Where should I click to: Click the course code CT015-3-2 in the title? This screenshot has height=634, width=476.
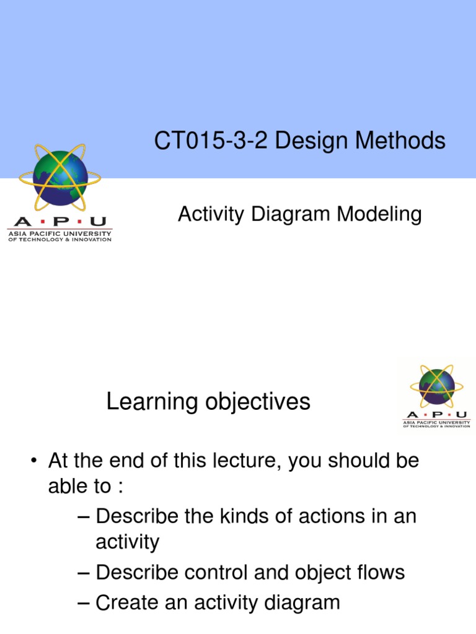click(211, 141)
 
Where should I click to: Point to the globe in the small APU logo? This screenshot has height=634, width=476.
click(436, 386)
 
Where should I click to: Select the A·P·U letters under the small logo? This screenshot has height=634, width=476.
click(436, 415)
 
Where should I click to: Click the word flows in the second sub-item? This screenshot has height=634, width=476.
click(380, 573)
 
